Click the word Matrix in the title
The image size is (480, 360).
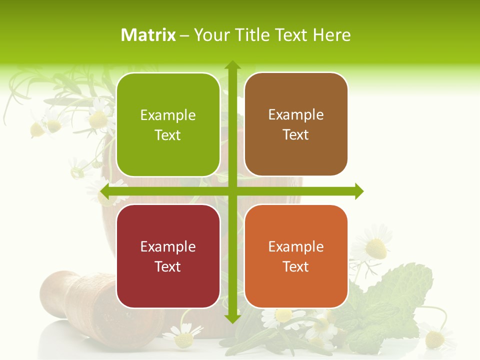tap(148, 35)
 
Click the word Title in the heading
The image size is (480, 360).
tap(250, 35)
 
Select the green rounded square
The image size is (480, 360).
tap(168, 124)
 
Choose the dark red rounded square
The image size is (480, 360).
tap(168, 256)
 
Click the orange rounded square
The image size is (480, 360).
tap(296, 256)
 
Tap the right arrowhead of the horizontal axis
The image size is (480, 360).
tap(359, 191)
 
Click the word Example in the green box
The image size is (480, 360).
tap(168, 115)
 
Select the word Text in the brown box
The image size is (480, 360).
tap(296, 135)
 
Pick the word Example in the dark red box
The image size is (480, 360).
tap(168, 246)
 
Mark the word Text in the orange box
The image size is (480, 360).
tap(296, 266)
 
